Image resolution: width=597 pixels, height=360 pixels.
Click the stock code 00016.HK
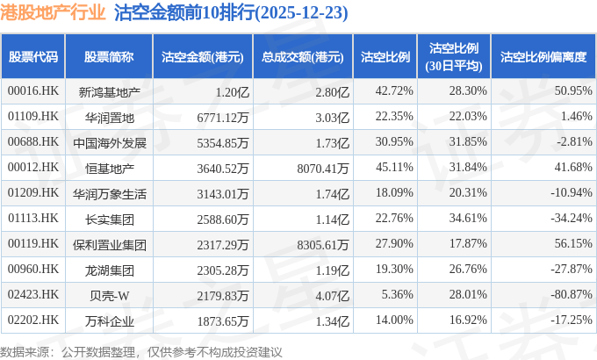click(x=32, y=90)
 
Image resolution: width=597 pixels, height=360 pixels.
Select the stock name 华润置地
click(x=109, y=116)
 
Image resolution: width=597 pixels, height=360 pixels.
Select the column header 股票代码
click(x=33, y=57)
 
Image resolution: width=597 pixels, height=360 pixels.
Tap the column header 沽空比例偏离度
click(x=542, y=57)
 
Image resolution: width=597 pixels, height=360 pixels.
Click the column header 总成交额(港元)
click(x=302, y=57)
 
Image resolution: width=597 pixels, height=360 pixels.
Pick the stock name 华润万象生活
click(x=109, y=192)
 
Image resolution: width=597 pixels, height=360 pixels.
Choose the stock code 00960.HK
click(x=32, y=269)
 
